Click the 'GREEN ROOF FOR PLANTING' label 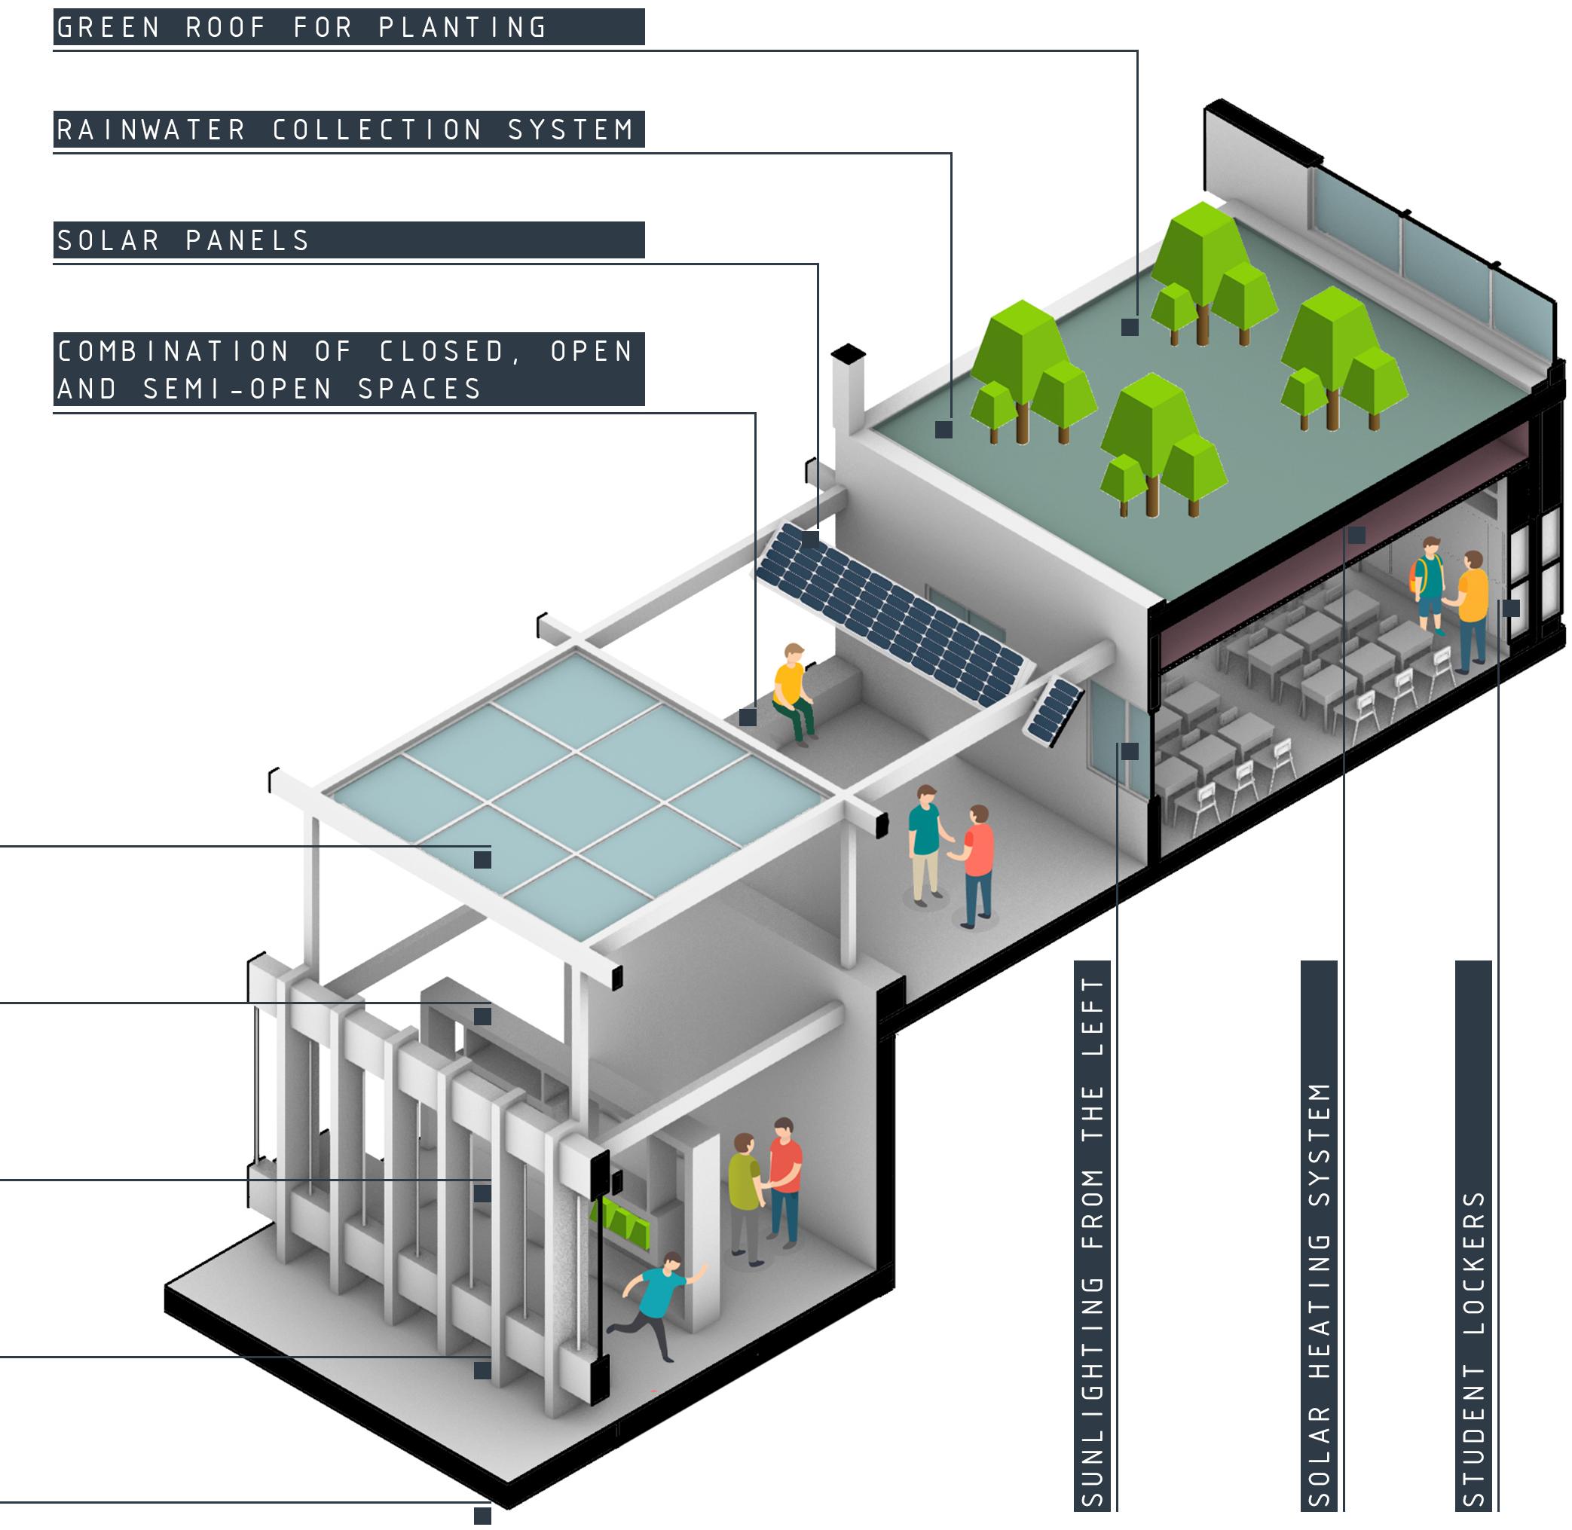(301, 27)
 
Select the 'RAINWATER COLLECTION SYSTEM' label (346, 130)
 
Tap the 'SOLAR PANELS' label (183, 240)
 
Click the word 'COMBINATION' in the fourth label (173, 351)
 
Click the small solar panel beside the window (1053, 710)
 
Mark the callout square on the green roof (1130, 327)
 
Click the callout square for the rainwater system (944, 430)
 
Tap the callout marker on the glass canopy (482, 860)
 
